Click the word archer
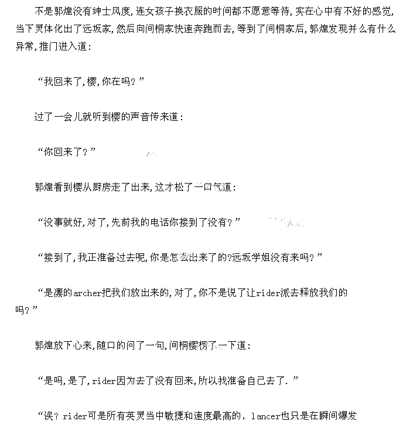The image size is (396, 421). (x=88, y=292)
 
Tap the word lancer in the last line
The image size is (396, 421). (x=266, y=415)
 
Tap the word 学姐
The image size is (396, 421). (x=260, y=257)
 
